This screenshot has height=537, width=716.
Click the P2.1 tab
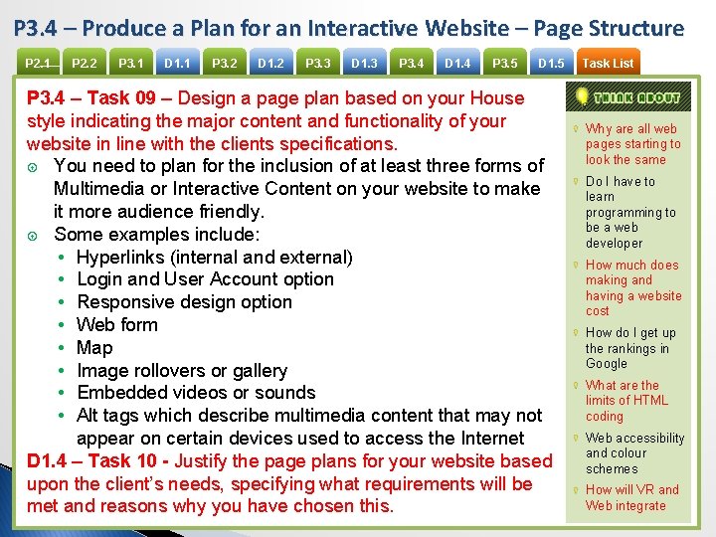coord(38,64)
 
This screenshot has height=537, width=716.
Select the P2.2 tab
coord(85,64)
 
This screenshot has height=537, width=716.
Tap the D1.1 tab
coord(178,64)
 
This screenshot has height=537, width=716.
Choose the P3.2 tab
coord(225,64)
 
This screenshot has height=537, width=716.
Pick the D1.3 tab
coord(364,64)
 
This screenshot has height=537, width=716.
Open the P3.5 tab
coord(505,64)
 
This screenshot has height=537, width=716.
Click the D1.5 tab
coord(551,64)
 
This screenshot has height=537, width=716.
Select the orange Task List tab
coord(608,64)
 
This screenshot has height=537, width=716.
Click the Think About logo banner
coord(624,97)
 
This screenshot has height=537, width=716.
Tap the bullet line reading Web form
coord(117,325)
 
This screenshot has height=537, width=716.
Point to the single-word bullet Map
coord(94,348)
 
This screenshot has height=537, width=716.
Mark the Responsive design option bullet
coord(184,302)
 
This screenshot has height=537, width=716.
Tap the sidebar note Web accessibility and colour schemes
coord(634,453)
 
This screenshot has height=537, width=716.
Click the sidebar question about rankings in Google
coord(630,348)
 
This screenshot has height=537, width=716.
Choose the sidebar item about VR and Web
coord(631,497)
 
